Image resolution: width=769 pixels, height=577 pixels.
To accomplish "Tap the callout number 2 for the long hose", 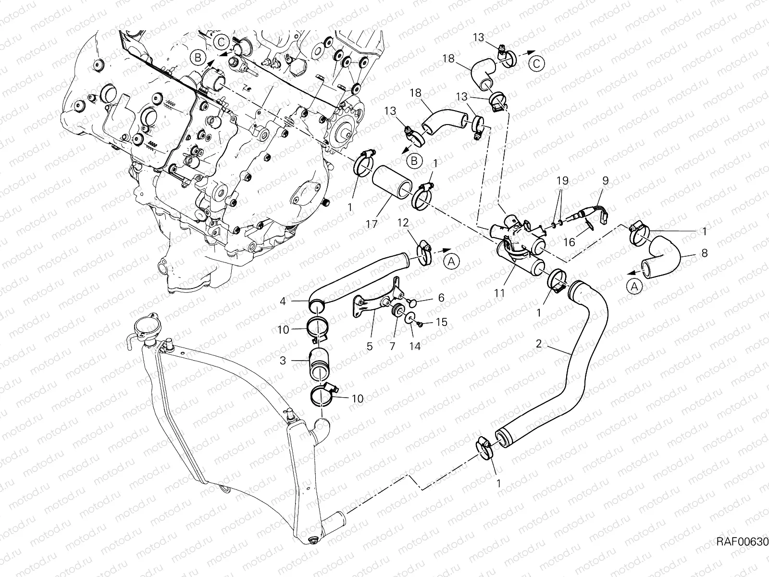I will (x=539, y=343).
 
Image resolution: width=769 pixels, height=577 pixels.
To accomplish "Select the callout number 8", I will (x=705, y=252).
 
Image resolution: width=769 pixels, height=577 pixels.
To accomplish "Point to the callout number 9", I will (x=605, y=181).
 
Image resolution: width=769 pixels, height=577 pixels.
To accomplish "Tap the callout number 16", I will (x=569, y=242).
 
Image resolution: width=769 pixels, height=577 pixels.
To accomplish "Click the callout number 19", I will (x=562, y=181).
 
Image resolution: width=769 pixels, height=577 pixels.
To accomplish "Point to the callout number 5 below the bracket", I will (x=370, y=346).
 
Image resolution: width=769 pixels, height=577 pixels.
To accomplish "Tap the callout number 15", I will (x=442, y=322).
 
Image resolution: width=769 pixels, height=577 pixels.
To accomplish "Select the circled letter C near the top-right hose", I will (x=538, y=63).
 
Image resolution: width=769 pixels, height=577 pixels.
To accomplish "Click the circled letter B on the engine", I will (x=198, y=58).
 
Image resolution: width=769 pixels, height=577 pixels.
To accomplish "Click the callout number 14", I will (x=415, y=346).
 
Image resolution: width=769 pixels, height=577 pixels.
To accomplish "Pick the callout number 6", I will (x=441, y=298).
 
